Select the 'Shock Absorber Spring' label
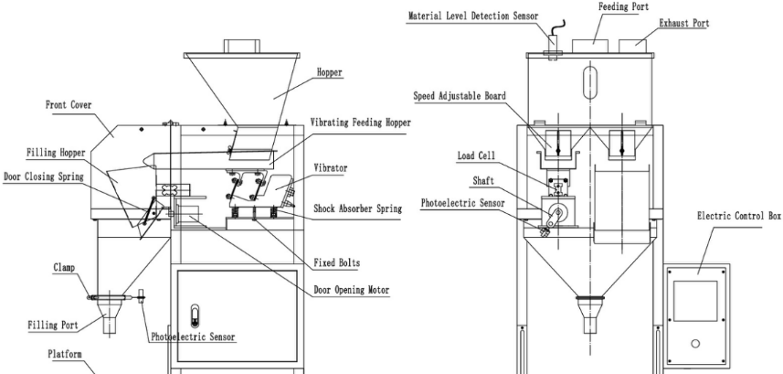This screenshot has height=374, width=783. click(x=356, y=208)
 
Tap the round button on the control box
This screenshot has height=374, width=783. click(x=695, y=344)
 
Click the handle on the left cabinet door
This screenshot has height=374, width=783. click(x=193, y=317)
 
